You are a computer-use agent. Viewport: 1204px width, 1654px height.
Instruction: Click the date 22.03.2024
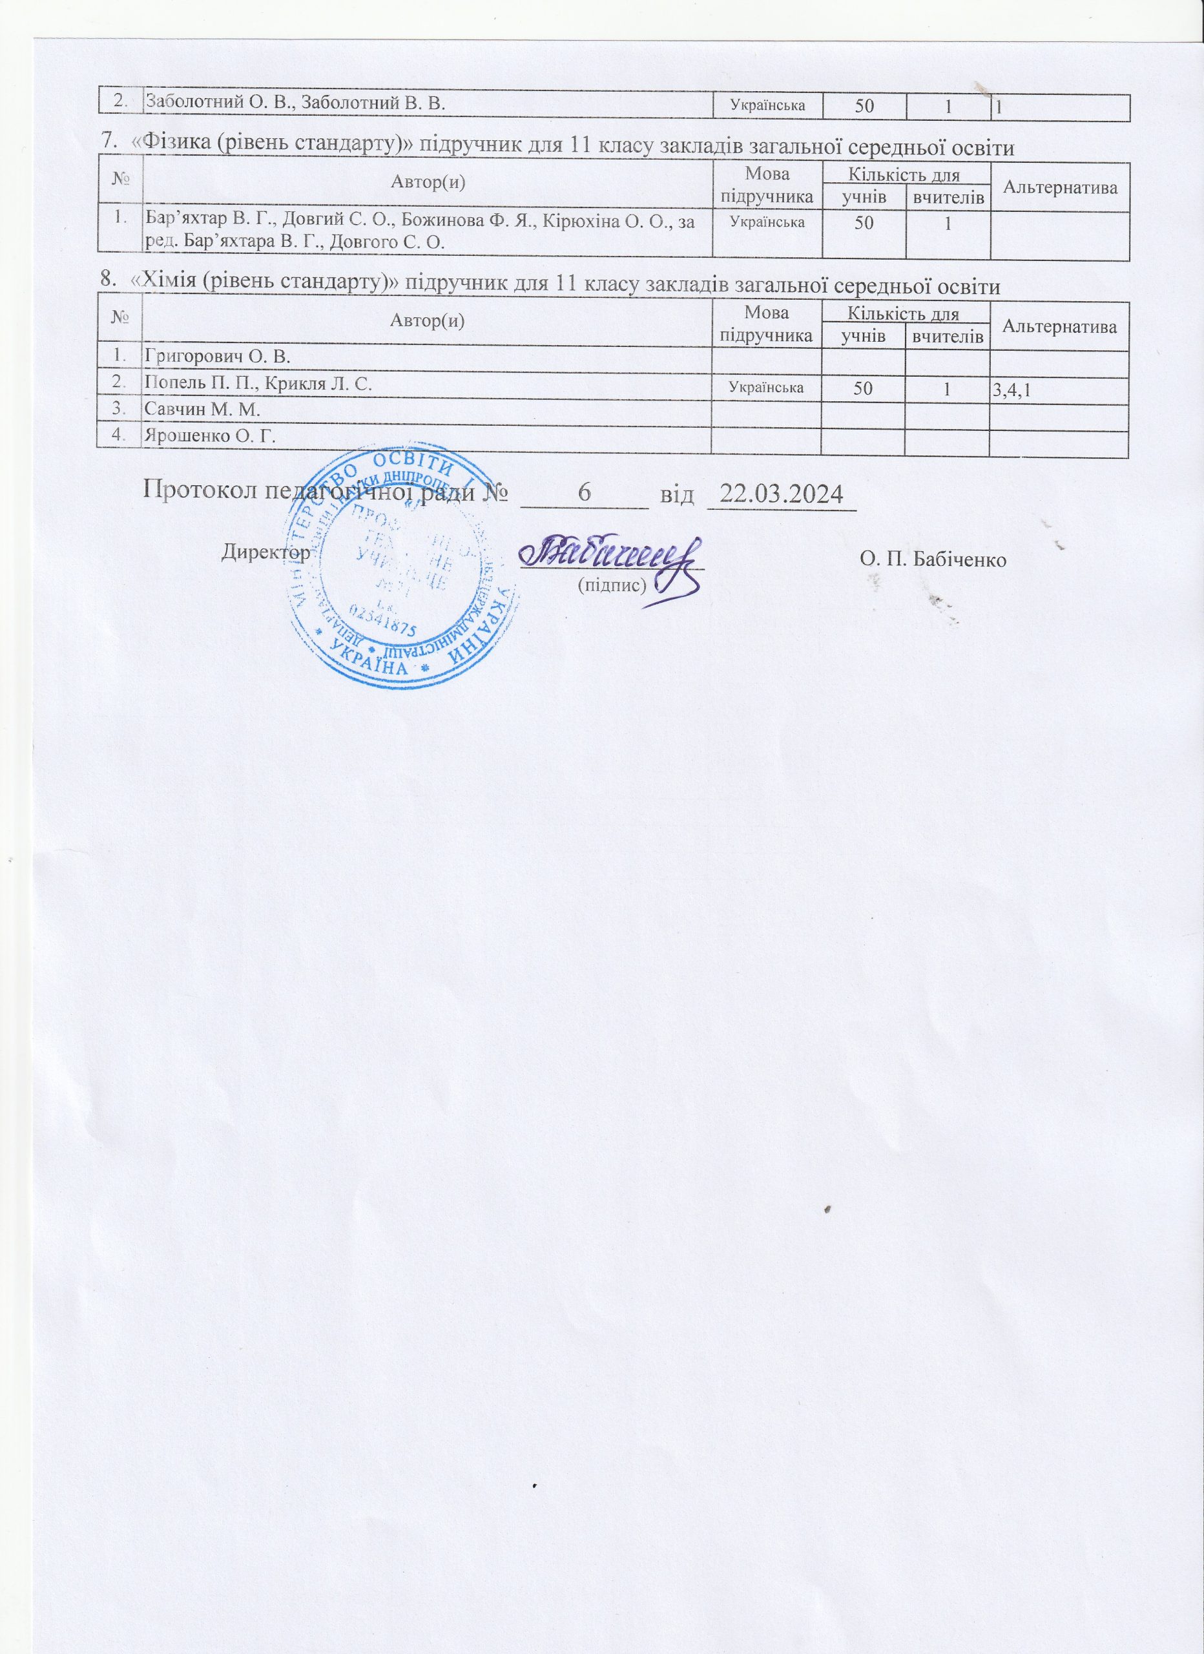click(x=780, y=494)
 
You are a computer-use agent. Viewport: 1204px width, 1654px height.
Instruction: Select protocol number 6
click(x=583, y=494)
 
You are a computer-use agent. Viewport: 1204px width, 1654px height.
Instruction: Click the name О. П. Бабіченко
click(x=933, y=560)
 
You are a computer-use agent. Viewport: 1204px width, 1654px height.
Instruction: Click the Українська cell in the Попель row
click(x=767, y=388)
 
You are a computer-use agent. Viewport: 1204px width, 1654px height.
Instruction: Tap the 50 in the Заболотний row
click(x=864, y=107)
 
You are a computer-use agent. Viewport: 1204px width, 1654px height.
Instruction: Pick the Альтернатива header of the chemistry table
click(x=1059, y=327)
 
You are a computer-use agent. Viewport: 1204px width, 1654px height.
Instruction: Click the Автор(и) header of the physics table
click(x=428, y=182)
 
